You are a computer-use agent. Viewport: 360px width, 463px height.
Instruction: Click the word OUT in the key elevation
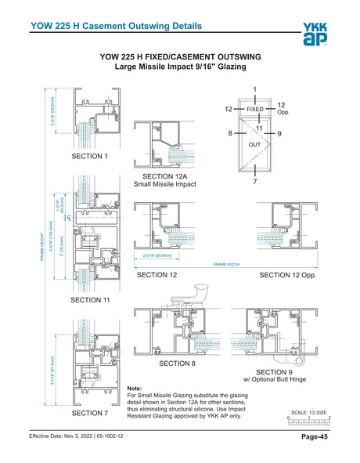coord(254,146)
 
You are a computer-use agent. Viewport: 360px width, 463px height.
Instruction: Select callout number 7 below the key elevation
coord(255,182)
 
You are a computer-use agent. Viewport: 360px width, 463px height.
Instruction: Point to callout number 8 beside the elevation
coord(231,134)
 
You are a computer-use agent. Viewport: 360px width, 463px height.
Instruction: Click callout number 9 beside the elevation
coord(279,134)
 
